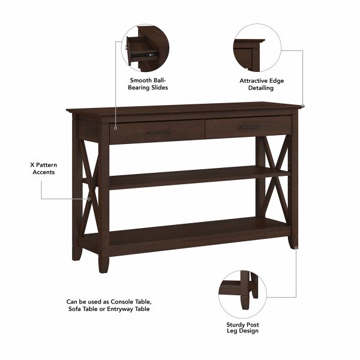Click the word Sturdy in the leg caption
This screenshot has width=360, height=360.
click(x=231, y=324)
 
